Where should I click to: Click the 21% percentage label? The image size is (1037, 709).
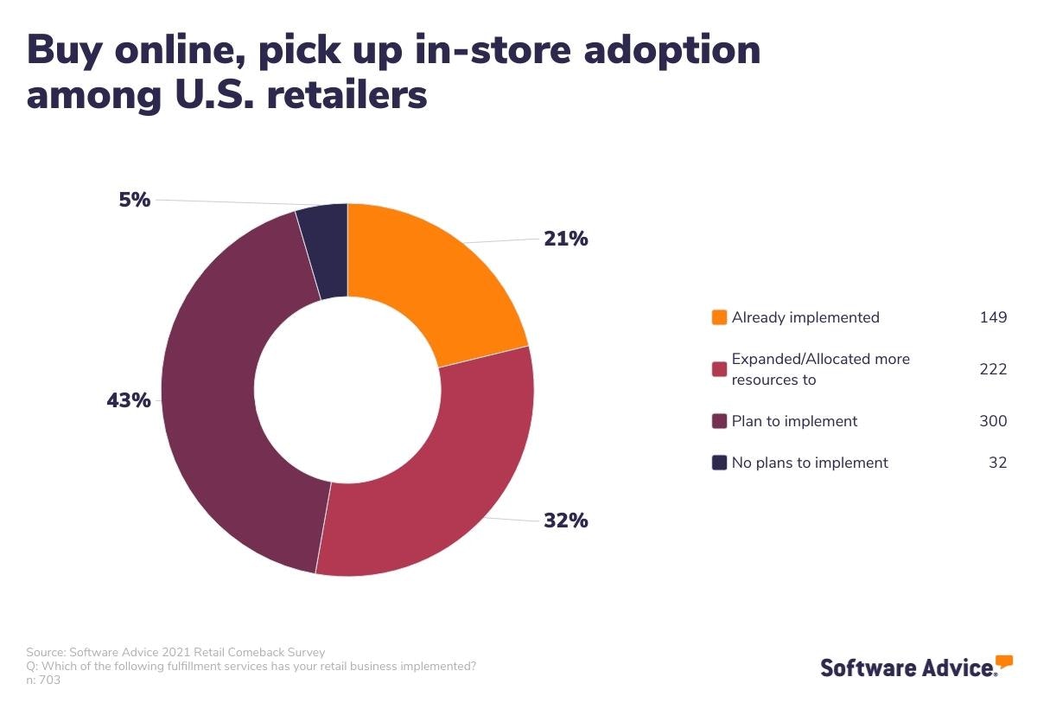coord(565,239)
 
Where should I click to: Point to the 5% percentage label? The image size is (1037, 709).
coord(134,200)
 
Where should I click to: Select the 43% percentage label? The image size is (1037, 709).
coord(129,401)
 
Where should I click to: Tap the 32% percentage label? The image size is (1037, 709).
coord(565,521)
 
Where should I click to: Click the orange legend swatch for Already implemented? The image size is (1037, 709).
coord(719,317)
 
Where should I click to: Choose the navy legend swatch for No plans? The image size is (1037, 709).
coord(719,463)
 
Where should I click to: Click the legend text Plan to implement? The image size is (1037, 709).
coord(794,421)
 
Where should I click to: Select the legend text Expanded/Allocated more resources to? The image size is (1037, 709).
coord(820,369)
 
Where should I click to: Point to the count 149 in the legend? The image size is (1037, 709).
coord(993,317)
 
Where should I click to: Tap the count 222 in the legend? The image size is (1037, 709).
coord(993,369)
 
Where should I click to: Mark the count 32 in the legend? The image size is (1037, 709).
coord(997,463)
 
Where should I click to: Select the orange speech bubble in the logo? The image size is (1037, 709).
coord(1003,662)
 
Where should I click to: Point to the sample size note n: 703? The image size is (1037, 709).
coord(43,680)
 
